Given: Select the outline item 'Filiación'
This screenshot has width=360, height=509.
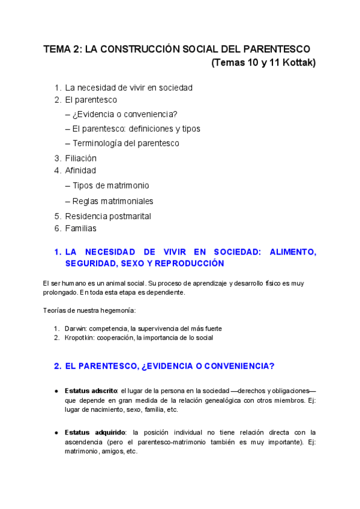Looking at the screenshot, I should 80,158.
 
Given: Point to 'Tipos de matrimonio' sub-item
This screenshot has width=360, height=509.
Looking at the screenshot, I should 110,185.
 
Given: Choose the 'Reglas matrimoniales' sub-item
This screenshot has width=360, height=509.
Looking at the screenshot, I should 113,201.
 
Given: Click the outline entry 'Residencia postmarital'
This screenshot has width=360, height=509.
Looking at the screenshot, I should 108,216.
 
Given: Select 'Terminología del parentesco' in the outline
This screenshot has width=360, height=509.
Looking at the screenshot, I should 125,143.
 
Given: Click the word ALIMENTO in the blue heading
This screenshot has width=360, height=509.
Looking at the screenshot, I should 290,252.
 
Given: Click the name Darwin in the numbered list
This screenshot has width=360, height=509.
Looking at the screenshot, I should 74,329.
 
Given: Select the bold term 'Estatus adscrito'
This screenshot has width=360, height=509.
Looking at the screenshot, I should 91,391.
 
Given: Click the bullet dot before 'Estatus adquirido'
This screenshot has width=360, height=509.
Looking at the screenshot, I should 56,432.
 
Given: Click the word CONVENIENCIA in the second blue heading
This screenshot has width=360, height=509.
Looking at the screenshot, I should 233,366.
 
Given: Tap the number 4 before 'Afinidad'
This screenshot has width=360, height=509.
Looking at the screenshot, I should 56,170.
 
